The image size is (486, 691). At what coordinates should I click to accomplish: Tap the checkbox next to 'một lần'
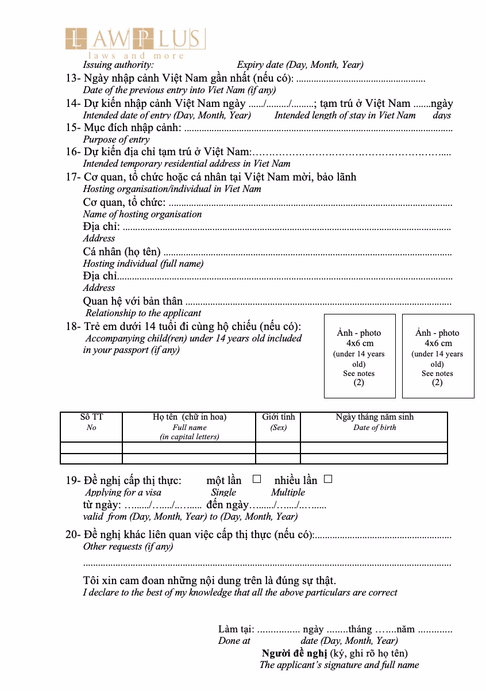[x=257, y=479]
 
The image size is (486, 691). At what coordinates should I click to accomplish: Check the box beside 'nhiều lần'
[x=328, y=479]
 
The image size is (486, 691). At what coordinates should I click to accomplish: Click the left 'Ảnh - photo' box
[x=360, y=356]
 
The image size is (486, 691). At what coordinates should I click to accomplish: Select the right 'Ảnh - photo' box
[x=438, y=356]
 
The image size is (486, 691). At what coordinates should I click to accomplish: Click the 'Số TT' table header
[x=91, y=422]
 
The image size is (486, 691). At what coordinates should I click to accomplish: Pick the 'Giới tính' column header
[x=278, y=422]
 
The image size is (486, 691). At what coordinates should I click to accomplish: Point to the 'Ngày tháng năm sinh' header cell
[x=374, y=422]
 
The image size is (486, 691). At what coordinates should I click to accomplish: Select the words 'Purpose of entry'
[x=116, y=139]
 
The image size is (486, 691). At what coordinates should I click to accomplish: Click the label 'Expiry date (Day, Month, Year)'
[x=300, y=65]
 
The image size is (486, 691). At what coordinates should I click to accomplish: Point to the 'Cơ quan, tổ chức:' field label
[x=124, y=202]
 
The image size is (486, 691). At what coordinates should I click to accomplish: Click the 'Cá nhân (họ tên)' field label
[x=122, y=251]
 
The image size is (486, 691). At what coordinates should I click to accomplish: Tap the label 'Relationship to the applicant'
[x=143, y=313]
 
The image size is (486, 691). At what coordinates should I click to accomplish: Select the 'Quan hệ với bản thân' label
[x=133, y=301]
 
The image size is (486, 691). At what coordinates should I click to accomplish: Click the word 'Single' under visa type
[x=223, y=492]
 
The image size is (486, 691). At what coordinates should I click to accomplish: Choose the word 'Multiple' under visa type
[x=288, y=492]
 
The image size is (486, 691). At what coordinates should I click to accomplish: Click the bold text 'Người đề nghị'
[x=294, y=653]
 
